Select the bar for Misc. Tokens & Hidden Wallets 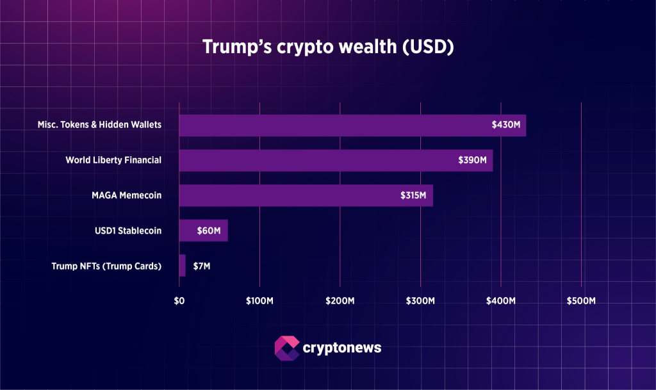tap(327, 125)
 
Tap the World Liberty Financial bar tap(314, 160)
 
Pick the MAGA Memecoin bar tap(282, 195)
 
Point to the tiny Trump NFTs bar tap(183, 265)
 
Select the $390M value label tap(472, 160)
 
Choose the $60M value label tap(209, 231)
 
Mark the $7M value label tap(201, 265)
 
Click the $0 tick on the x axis tap(179, 300)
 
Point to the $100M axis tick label tap(259, 300)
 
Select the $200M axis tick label tap(340, 300)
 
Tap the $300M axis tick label tap(420, 300)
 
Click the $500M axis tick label tap(581, 300)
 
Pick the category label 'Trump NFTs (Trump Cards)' tap(106, 265)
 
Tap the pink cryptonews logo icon tap(286, 348)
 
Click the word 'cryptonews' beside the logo tap(341, 348)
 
